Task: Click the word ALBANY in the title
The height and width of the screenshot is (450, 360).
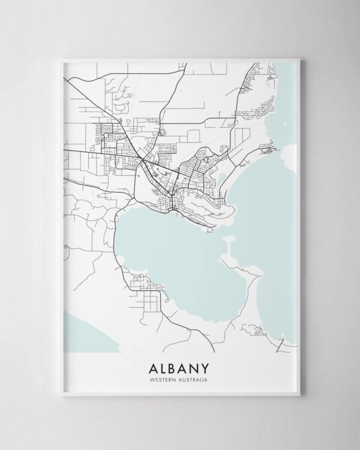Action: click(x=179, y=366)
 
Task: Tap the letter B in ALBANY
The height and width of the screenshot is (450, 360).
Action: click(x=174, y=366)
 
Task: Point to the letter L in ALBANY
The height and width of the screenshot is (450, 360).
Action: click(x=161, y=366)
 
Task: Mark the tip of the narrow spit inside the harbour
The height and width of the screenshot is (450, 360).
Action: click(x=227, y=239)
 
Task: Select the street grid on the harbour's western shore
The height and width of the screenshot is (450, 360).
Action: click(x=144, y=282)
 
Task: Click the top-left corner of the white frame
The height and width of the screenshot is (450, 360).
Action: click(x=63, y=59)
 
